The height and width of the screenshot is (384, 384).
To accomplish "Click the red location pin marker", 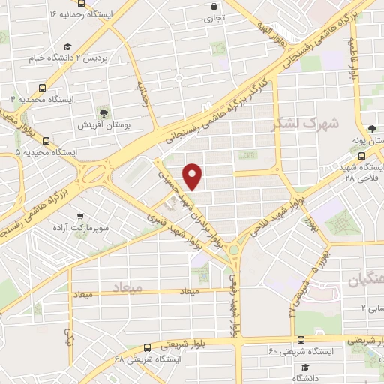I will coord(193,176).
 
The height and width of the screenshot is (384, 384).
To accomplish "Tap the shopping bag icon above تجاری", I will coord(215,7).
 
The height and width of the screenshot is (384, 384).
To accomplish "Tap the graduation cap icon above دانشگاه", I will coord(305,367).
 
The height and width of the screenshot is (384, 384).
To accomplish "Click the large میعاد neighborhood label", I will coord(126,288).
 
